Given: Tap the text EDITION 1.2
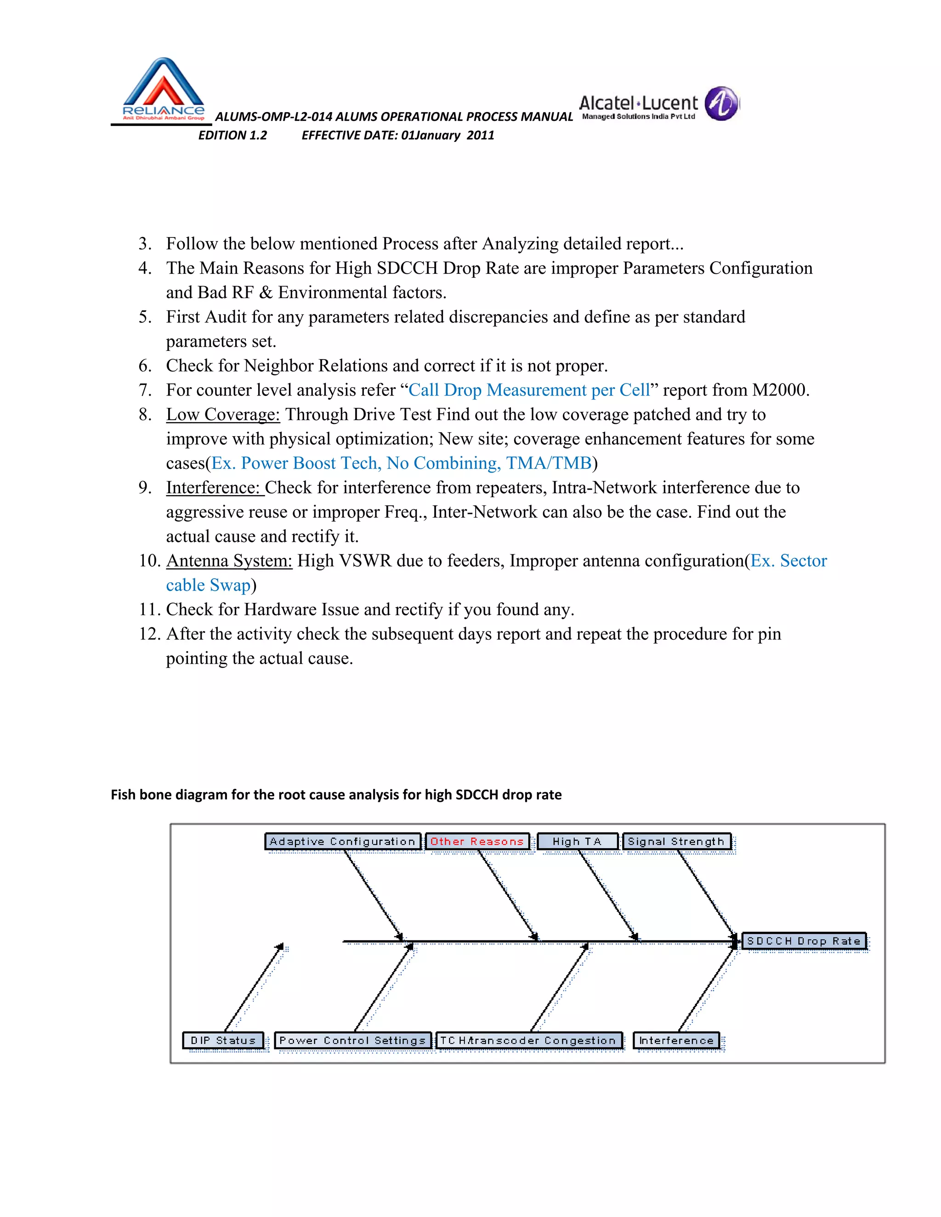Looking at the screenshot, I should (x=232, y=135).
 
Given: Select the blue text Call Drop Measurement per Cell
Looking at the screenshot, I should (x=529, y=390).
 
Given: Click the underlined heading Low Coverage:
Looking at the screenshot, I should (x=223, y=415).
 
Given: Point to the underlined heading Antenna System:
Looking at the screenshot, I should (x=229, y=561).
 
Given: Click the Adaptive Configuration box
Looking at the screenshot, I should (x=342, y=841).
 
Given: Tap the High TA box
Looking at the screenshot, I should (x=577, y=841).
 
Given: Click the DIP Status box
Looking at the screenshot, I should (x=223, y=1040).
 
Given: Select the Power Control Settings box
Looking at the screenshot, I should (x=352, y=1040).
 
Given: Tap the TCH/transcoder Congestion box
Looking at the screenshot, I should (x=528, y=1040).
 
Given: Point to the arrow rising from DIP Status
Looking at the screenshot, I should (x=254, y=987).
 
